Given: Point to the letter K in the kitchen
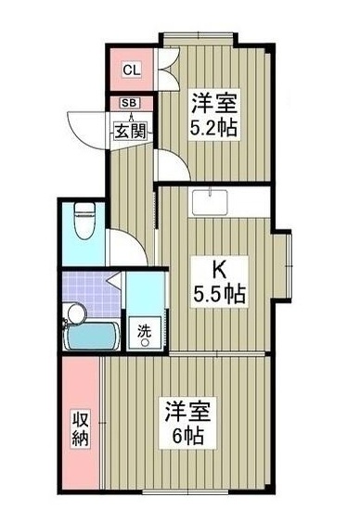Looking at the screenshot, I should [x=221, y=269].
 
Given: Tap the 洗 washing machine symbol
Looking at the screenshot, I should [x=144, y=331].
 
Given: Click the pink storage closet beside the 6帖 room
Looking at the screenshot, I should [x=82, y=427].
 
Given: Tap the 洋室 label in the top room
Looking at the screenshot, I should [x=213, y=101].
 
